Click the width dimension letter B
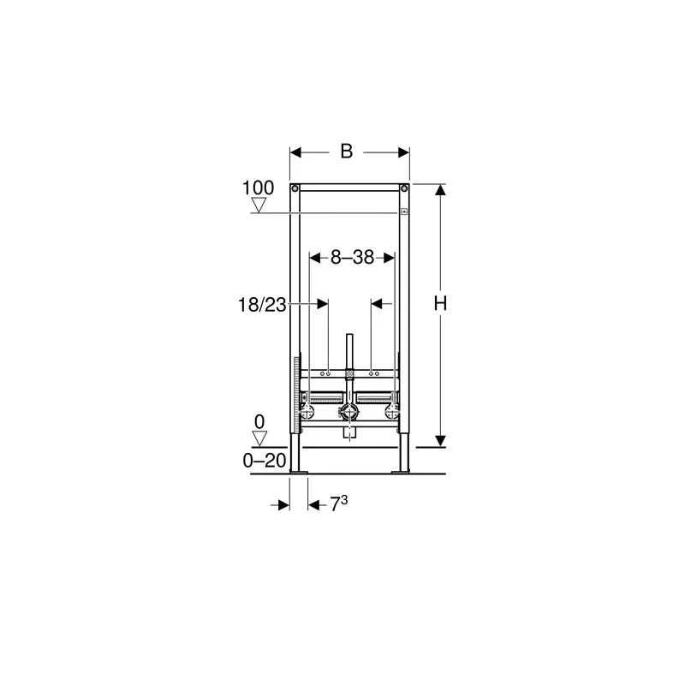point(347,152)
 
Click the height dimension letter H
point(440,303)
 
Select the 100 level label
point(259,188)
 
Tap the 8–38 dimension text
point(352,258)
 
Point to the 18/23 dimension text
point(262,305)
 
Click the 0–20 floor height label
point(265,461)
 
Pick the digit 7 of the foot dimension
point(335,505)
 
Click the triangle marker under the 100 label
point(259,205)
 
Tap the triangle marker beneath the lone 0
point(259,438)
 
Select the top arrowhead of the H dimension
point(440,190)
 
